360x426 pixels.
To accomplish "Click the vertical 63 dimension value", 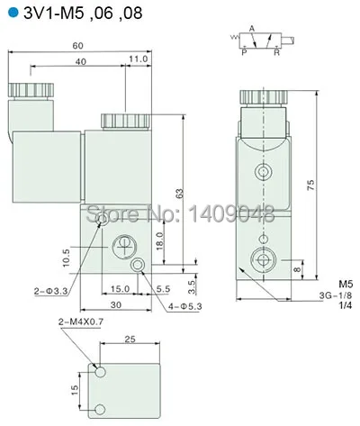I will click(x=180, y=191).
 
